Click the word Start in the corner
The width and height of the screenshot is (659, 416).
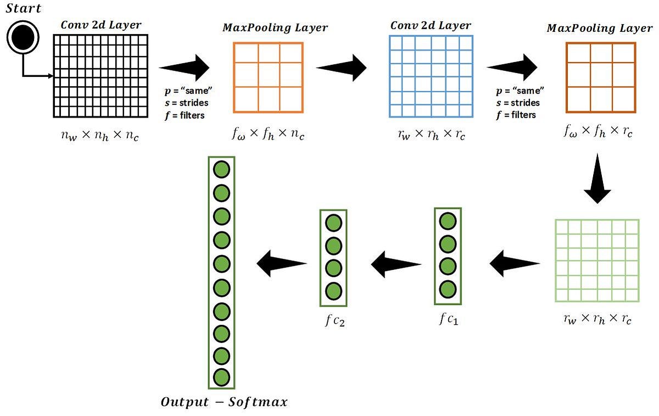pyautogui.click(x=23, y=9)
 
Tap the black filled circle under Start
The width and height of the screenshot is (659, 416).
pyautogui.click(x=23, y=37)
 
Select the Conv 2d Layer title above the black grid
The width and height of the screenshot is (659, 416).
pyautogui.click(x=100, y=25)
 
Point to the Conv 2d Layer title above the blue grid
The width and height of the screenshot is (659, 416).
pyautogui.click(x=431, y=26)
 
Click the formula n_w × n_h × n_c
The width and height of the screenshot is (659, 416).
pyautogui.click(x=100, y=135)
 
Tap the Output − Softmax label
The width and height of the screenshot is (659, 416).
pyautogui.click(x=224, y=402)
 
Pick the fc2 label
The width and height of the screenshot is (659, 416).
pyautogui.click(x=334, y=320)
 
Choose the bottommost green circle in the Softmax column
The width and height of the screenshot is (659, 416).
pyautogui.click(x=221, y=377)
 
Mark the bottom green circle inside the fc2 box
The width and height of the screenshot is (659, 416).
pyautogui.click(x=333, y=290)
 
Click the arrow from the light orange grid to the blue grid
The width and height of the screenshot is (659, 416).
pyautogui.click(x=342, y=68)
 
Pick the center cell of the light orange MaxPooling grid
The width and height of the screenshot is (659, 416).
pyautogui.click(x=269, y=74)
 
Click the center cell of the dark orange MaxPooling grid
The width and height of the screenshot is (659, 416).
pyautogui.click(x=601, y=75)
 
